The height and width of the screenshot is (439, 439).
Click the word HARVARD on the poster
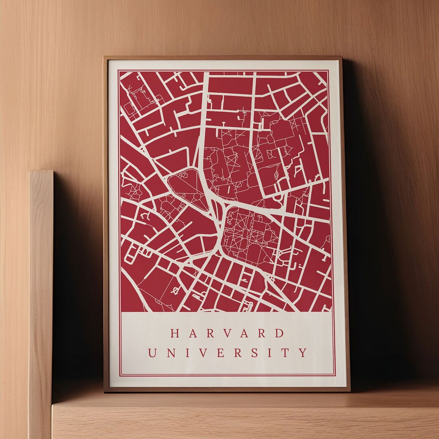point(228,333)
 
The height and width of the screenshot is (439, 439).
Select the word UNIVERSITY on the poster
point(228,352)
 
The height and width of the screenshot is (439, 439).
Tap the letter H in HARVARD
point(175,333)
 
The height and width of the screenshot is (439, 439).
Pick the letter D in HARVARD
point(279,333)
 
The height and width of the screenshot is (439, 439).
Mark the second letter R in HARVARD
point(262,333)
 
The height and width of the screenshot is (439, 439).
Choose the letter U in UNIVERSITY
point(152,352)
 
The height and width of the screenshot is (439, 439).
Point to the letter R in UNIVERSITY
point(237,352)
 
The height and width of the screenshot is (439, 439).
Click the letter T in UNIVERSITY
point(286,352)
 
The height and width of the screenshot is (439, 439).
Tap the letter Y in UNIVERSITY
point(303,352)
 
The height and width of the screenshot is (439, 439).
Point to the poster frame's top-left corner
point(104,57)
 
